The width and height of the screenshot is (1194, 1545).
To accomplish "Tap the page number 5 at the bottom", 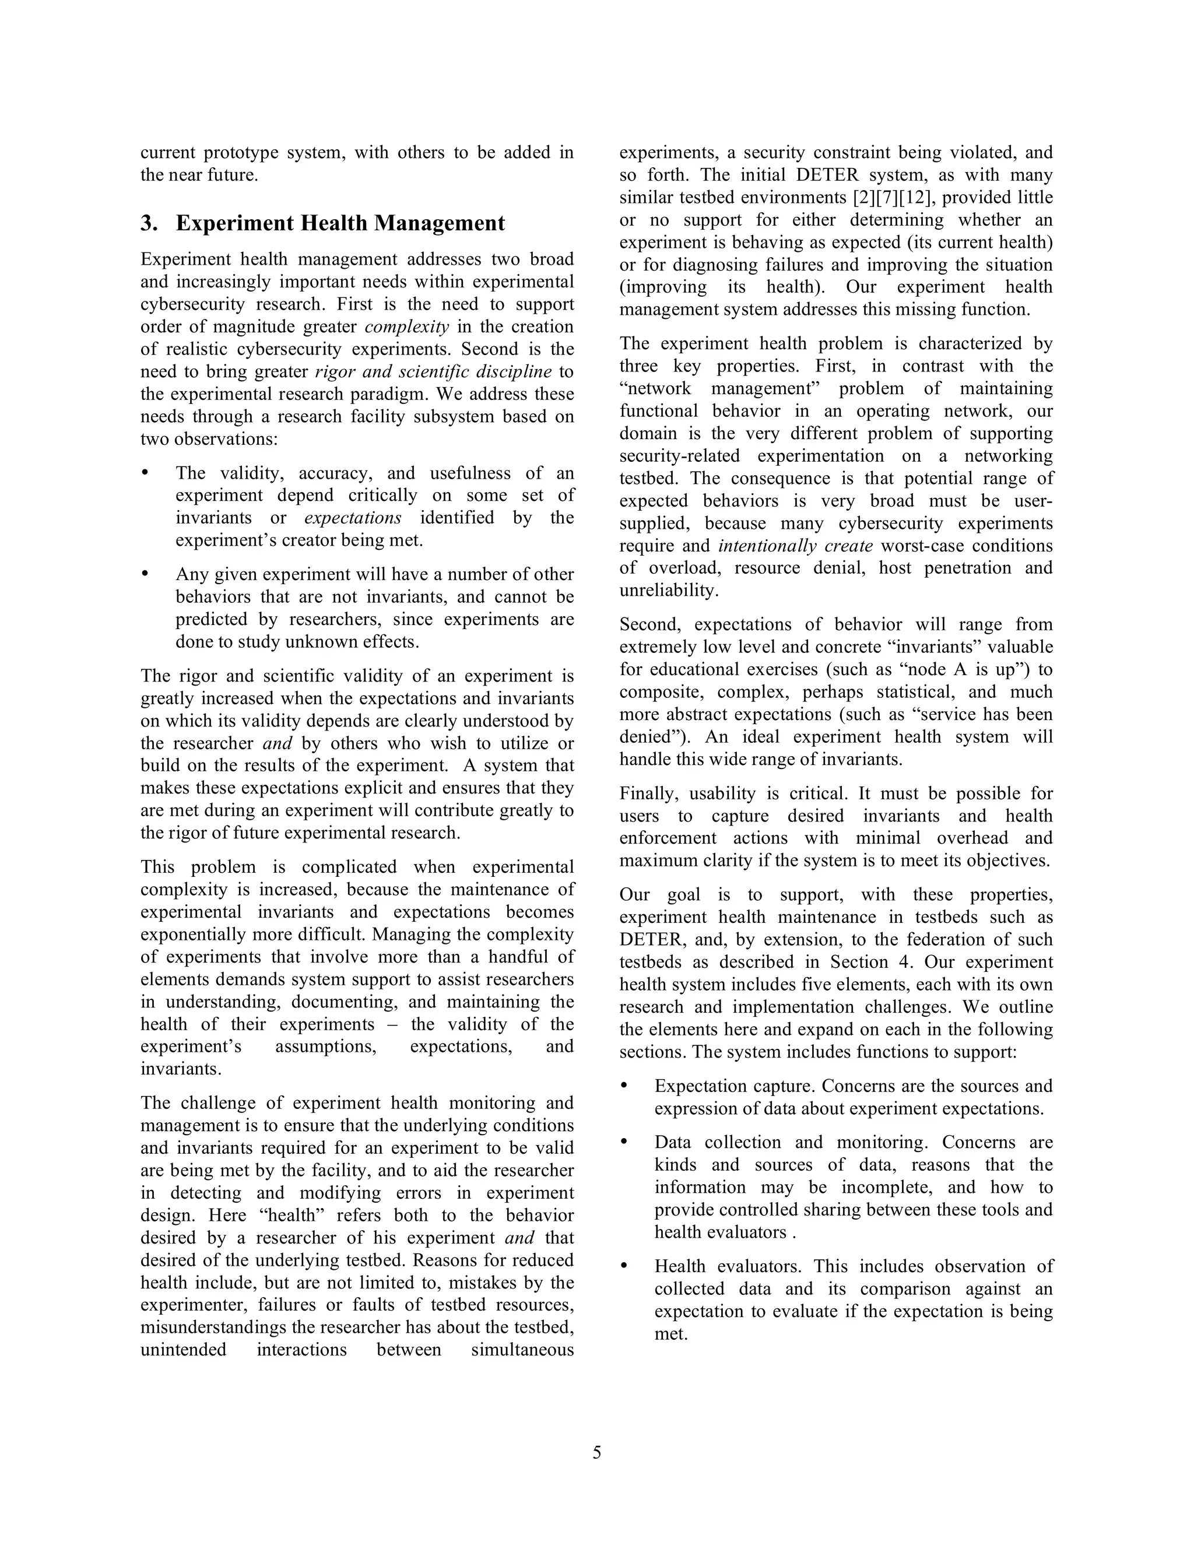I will pos(597,1452).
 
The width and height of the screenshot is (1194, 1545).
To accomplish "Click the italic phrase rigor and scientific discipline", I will pos(433,371).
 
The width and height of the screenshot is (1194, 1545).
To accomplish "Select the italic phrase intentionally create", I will pos(795,546).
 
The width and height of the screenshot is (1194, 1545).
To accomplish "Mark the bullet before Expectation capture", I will pos(624,1085).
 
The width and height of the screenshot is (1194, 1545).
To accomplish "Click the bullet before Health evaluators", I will pos(624,1266).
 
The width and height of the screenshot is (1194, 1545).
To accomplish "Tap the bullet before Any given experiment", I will pos(146,574).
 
